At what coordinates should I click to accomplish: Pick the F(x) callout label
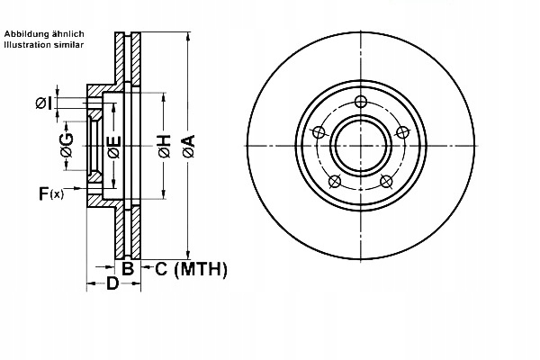[x=50, y=192]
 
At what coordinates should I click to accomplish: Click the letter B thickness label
[x=128, y=268]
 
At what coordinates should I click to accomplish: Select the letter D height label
[x=112, y=284]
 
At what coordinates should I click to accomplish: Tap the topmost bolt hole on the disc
[x=361, y=101]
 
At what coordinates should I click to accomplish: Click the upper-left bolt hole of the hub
[x=318, y=130]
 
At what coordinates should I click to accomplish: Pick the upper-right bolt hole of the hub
[x=403, y=131]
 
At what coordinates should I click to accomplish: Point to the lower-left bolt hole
[x=334, y=182]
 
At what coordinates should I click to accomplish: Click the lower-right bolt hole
[x=387, y=182]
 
